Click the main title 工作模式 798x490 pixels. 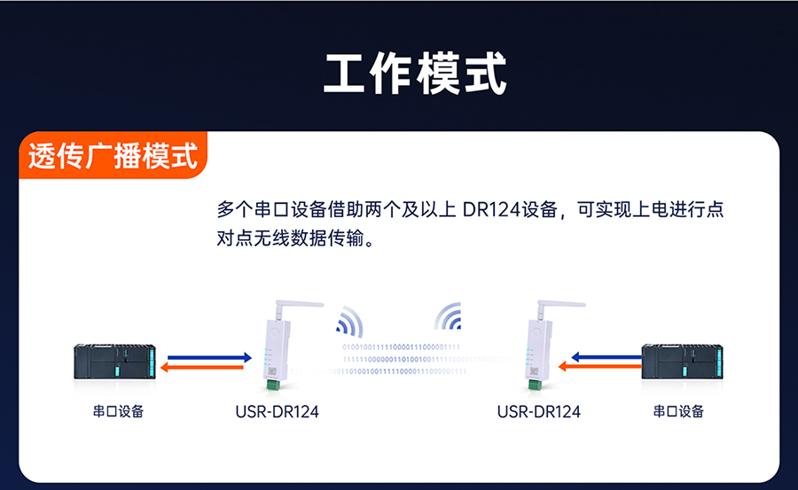coord(415,74)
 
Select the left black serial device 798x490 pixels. coord(114,362)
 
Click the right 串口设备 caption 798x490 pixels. coord(678,411)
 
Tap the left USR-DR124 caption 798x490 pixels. coord(277,411)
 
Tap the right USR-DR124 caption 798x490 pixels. coord(539,411)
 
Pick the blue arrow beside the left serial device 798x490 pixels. coord(209,356)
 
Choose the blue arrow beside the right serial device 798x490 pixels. coord(605,357)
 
